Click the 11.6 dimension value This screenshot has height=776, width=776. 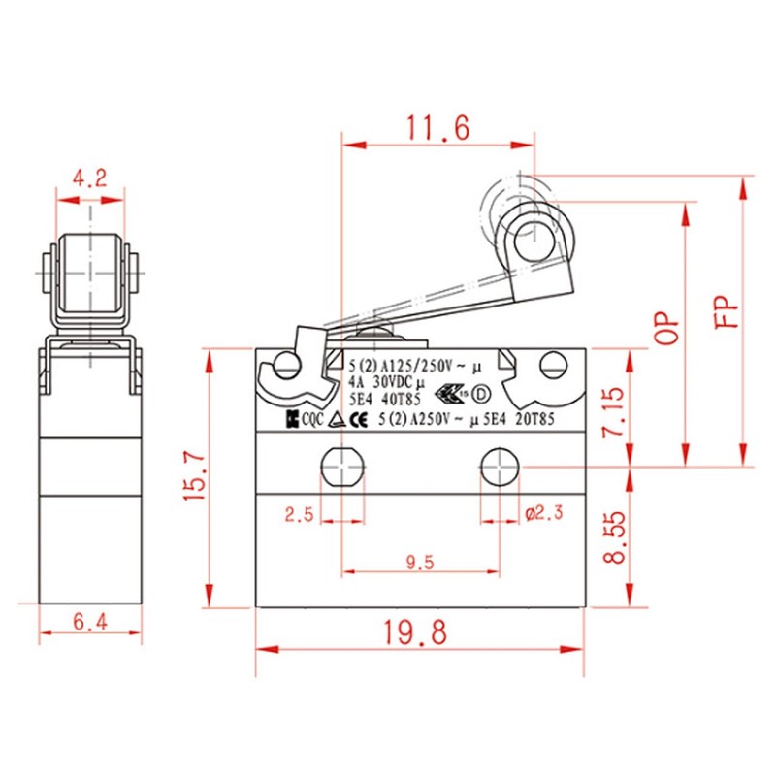click(x=436, y=127)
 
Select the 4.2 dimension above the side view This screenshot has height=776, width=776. click(x=90, y=178)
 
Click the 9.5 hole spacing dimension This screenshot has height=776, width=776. click(x=420, y=560)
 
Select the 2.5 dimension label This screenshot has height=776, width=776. click(x=299, y=515)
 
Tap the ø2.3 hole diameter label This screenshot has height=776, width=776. click(x=544, y=515)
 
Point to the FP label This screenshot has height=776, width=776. click(x=727, y=311)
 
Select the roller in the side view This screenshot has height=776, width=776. click(x=90, y=274)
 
